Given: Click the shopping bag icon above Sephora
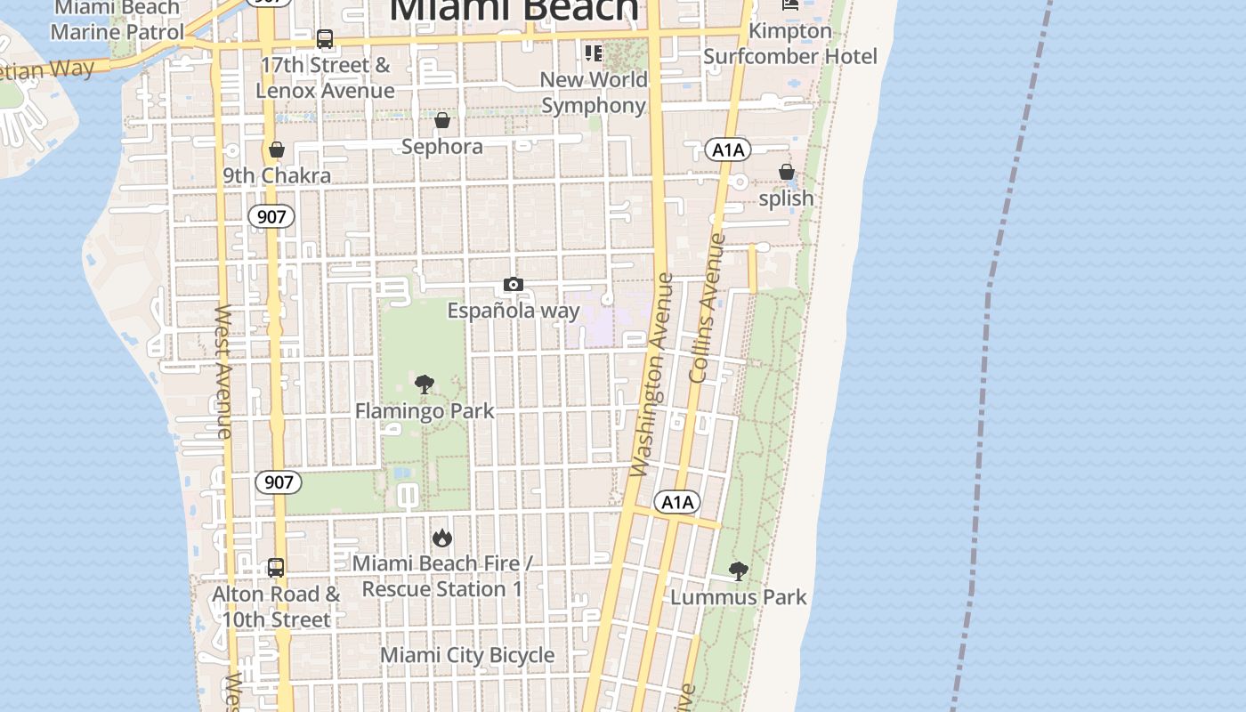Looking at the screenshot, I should [x=442, y=120].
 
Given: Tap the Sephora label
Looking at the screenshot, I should [x=442, y=147].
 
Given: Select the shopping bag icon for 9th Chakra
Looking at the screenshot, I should [x=277, y=150].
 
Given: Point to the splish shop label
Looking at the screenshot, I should [x=786, y=198].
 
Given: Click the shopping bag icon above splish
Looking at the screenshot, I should [x=786, y=172].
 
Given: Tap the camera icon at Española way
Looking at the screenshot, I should [x=514, y=285].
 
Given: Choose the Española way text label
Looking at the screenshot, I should [x=514, y=311].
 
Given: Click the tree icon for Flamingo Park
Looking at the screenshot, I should [x=425, y=384].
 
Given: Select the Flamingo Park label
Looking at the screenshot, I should [x=425, y=411].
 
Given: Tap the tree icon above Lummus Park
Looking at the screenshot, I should [x=738, y=570].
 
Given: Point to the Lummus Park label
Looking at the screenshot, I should [x=738, y=597].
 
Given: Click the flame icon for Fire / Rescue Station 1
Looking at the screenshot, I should [x=442, y=538].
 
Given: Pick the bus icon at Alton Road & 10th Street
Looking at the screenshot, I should [x=276, y=567].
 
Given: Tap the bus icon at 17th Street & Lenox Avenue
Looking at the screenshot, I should [x=325, y=39].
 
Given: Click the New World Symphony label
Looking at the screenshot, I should [x=594, y=93].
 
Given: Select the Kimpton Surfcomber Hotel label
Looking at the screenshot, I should [x=790, y=44].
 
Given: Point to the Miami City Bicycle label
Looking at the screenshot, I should [x=467, y=656].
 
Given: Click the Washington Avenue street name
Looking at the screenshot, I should [x=652, y=374].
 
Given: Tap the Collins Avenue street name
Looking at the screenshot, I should [x=708, y=307].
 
